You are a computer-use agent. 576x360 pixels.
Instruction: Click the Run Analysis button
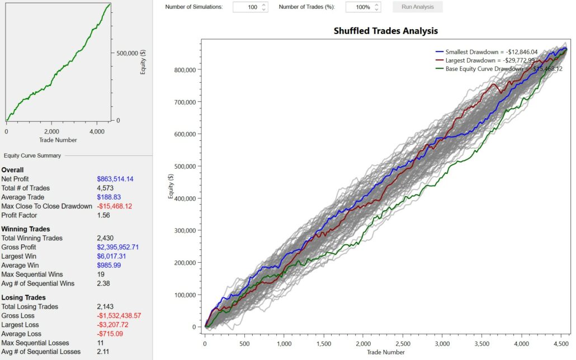[417, 7]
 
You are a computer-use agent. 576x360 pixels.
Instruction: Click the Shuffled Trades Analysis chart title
[385, 31]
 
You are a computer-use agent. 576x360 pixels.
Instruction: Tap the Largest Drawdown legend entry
[487, 60]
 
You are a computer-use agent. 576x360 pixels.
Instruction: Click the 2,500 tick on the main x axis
[442, 344]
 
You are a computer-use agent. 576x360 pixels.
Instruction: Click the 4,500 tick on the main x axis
[561, 344]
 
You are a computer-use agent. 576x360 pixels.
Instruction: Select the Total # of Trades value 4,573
[105, 188]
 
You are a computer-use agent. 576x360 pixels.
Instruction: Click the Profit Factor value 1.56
[103, 215]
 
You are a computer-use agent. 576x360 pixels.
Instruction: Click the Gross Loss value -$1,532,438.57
[119, 316]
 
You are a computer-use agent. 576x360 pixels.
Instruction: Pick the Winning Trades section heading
[26, 229]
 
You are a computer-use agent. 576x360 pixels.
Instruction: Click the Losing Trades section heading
[23, 297]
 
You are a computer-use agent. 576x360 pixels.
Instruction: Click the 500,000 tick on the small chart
[127, 53]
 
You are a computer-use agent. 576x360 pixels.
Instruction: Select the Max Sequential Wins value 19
[100, 274]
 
